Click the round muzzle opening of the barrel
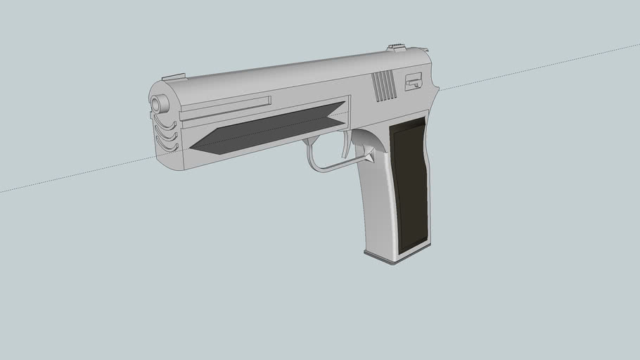point(160,104)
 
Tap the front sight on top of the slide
point(173,76)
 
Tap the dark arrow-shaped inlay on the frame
point(267,131)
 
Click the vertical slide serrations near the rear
point(384,85)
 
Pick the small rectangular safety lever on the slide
point(414,82)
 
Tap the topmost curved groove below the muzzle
point(165,125)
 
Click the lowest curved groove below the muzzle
point(167,147)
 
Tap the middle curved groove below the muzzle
point(166,136)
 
